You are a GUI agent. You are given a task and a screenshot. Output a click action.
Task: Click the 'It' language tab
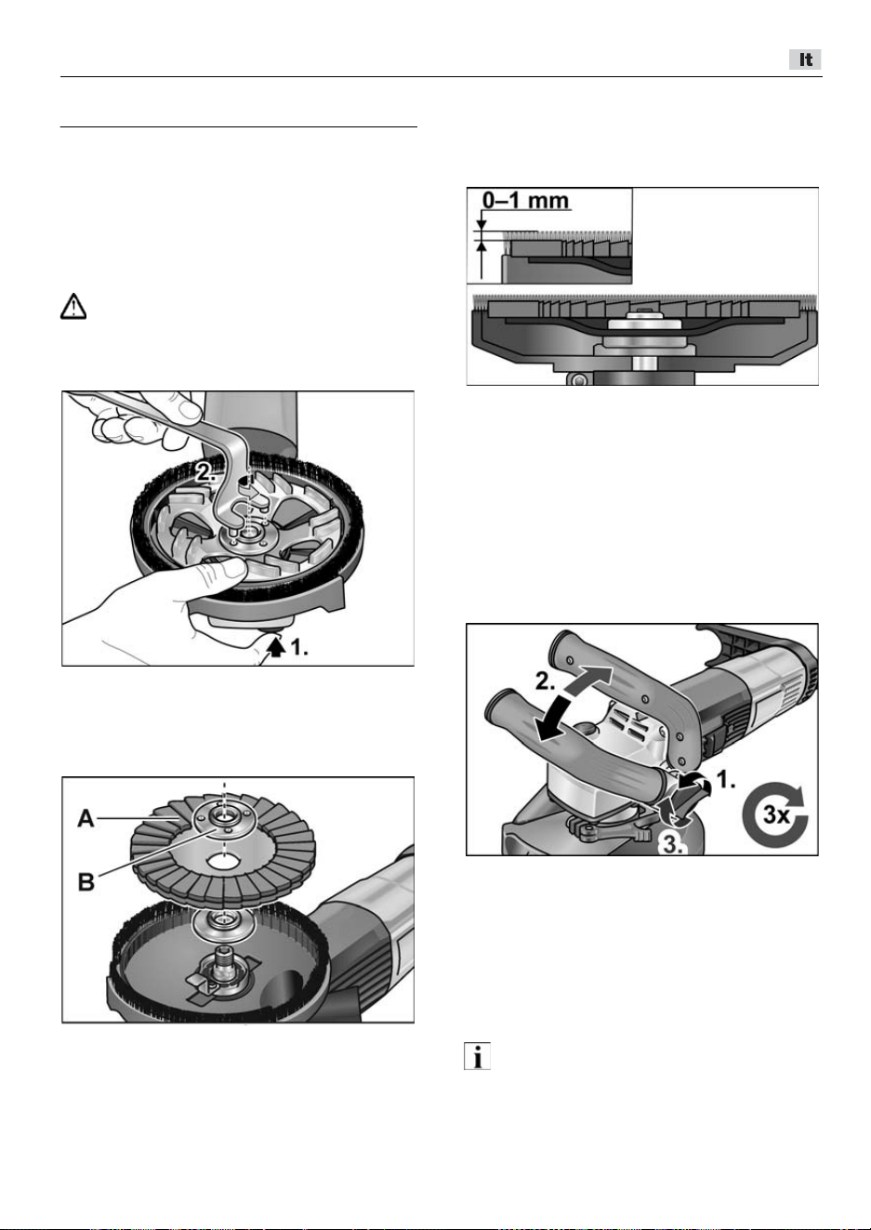(x=805, y=60)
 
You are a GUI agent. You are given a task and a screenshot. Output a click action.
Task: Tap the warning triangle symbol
(x=73, y=307)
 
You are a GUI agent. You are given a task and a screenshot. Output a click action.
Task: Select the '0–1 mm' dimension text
(x=525, y=201)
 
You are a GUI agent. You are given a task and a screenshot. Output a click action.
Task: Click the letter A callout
(x=86, y=819)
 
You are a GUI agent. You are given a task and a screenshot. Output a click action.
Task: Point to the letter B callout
(x=86, y=882)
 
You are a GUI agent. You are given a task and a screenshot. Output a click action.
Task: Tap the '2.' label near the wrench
(x=206, y=471)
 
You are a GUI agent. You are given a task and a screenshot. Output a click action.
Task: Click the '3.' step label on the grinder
(x=671, y=843)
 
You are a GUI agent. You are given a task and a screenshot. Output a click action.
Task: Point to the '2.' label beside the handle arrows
(x=547, y=682)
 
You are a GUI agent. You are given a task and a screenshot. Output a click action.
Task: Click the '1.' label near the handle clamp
(x=727, y=780)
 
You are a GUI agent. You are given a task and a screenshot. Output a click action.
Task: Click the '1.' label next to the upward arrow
(x=299, y=648)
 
